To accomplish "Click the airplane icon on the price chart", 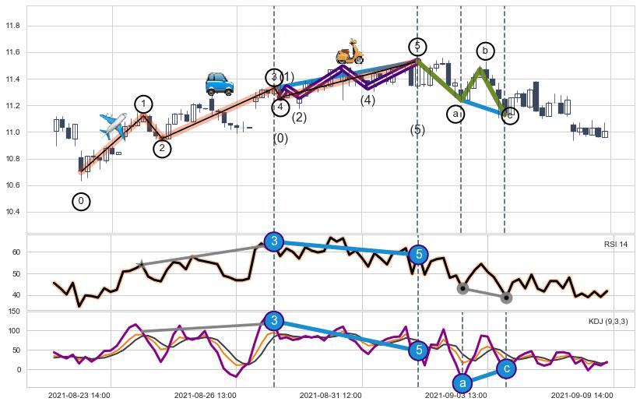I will click(x=114, y=125).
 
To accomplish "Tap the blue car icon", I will click(x=220, y=83).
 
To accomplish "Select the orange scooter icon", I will click(x=350, y=51).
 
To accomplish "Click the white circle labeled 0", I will click(x=81, y=202).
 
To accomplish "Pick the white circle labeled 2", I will click(x=162, y=148).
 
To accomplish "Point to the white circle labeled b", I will click(x=485, y=51).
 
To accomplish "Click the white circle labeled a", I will click(x=455, y=114).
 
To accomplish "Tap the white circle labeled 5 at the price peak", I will click(x=417, y=47).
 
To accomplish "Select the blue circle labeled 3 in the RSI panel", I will click(x=274, y=241).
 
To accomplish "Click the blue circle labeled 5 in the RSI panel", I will click(x=418, y=254).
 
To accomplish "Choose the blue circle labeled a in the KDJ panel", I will click(x=462, y=383).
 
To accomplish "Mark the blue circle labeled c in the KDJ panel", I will click(x=506, y=368).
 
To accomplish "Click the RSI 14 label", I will click(x=615, y=245).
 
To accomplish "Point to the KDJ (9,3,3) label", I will click(x=607, y=321).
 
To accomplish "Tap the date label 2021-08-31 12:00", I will click(x=330, y=396).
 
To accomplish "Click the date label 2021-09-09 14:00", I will click(x=582, y=396).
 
